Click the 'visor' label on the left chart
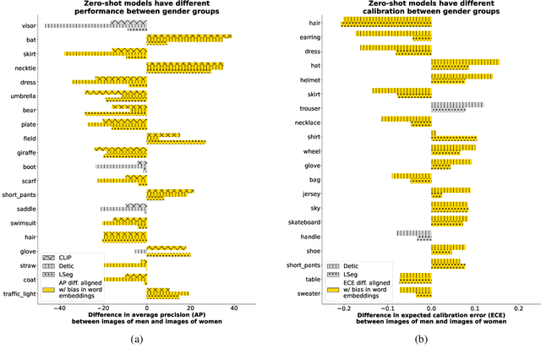pyautogui.click(x=27, y=25)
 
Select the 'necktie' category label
pyautogui.click(x=25, y=67)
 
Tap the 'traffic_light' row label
pyautogui.click(x=19, y=295)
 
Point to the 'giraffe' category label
pyautogui.click(x=25, y=152)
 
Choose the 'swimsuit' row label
pyautogui.click(x=22, y=224)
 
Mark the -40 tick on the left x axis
pyautogui.click(x=59, y=308)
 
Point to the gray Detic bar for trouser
pyautogui.click(x=457, y=105)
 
